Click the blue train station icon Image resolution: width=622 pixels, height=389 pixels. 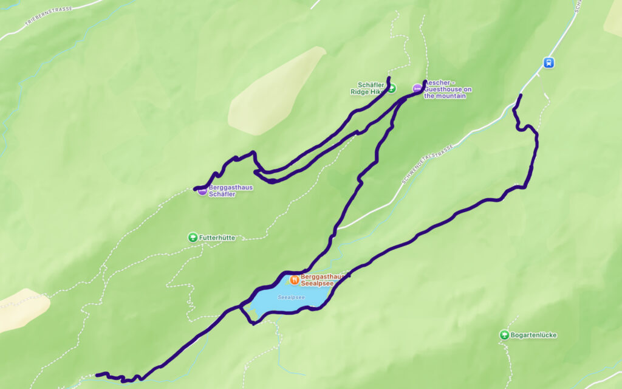549,62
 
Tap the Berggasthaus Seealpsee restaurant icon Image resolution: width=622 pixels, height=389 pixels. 294,280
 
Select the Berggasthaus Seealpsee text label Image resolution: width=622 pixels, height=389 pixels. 323,280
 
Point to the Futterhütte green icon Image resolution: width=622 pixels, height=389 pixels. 193,237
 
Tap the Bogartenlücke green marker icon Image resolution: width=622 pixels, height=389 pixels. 504,334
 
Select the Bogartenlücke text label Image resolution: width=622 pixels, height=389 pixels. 534,335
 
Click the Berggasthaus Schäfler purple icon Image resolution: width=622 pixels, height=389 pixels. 202,191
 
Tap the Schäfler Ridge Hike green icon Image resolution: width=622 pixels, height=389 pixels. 392,88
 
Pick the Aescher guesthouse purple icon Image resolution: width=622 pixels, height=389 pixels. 417,89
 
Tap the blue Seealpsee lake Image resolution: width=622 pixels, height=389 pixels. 285,301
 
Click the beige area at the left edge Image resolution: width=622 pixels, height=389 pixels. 21,310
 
